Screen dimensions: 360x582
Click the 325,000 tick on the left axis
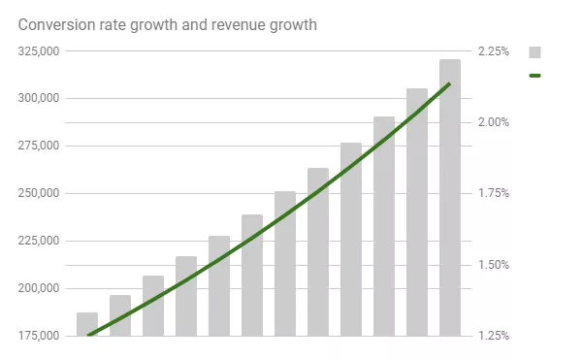(x=38, y=51)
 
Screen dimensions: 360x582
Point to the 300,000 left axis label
(x=38, y=99)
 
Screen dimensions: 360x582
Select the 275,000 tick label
(x=38, y=147)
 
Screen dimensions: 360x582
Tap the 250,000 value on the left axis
(x=38, y=194)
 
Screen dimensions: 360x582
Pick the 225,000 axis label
(x=38, y=242)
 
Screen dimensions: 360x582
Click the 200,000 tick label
(x=38, y=289)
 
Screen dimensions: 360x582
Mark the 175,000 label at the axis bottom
(x=38, y=336)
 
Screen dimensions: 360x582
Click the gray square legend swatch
(x=534, y=52)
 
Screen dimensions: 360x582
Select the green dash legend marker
(x=534, y=75)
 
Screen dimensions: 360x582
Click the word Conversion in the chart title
(x=57, y=24)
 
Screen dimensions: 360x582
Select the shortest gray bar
(x=87, y=324)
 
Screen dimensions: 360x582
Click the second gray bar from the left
(x=120, y=315)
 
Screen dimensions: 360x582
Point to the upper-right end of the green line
(x=449, y=84)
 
